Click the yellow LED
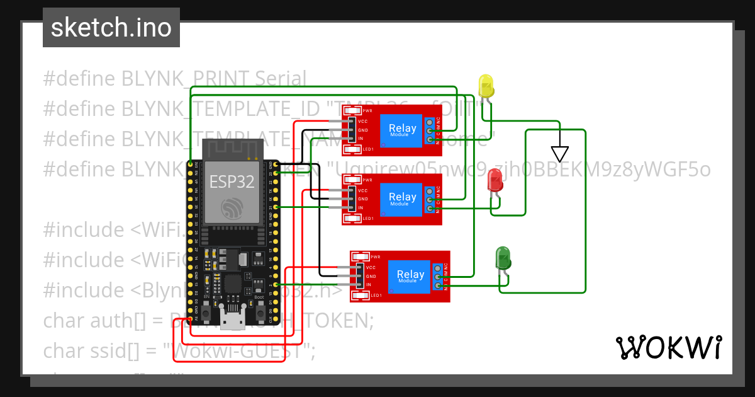point(486,86)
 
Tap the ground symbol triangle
point(559,154)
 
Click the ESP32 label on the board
point(232,182)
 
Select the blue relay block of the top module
point(402,130)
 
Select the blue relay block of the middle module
point(402,199)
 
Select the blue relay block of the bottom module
point(410,276)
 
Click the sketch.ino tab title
point(111,28)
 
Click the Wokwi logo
point(668,347)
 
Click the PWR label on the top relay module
point(367,112)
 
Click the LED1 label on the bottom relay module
point(376,296)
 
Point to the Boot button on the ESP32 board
point(259,309)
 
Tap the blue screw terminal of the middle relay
point(430,199)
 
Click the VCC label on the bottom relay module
point(371,267)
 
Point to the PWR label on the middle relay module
point(367,180)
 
